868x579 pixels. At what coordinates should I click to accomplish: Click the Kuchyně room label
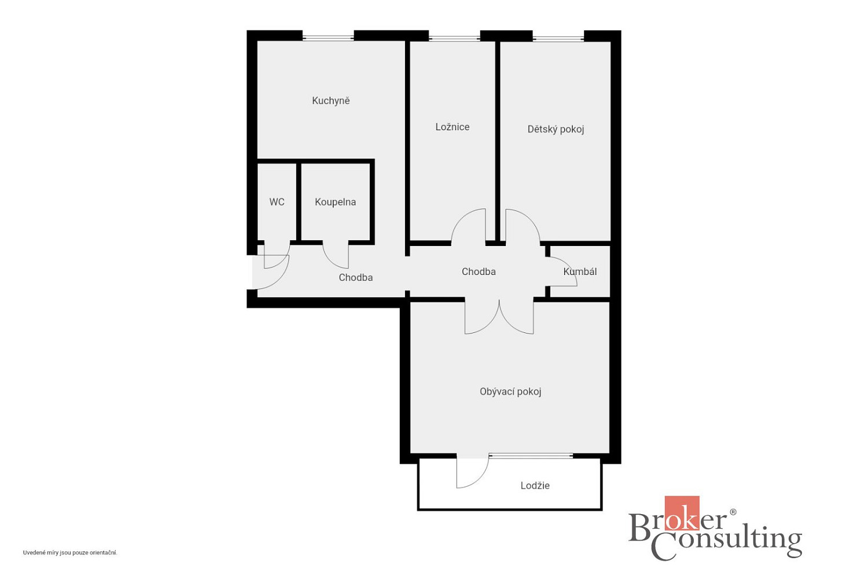[330, 101]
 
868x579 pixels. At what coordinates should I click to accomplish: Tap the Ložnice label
[452, 127]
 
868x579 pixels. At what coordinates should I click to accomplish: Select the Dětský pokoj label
[556, 129]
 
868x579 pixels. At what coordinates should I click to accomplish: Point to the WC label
[277, 201]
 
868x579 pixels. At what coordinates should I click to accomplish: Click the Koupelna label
[335, 202]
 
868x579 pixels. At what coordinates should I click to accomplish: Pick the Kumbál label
[580, 272]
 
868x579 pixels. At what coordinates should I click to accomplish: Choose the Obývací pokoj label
[510, 391]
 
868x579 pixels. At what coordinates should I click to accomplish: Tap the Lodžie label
[535, 486]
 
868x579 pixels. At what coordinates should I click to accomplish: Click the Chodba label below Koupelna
[356, 277]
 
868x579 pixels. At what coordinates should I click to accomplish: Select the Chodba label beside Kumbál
[479, 272]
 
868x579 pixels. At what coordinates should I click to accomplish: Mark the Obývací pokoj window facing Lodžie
[531, 456]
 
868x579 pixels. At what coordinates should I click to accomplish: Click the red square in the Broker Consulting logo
[682, 512]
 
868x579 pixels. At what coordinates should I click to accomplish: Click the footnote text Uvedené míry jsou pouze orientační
[70, 552]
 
